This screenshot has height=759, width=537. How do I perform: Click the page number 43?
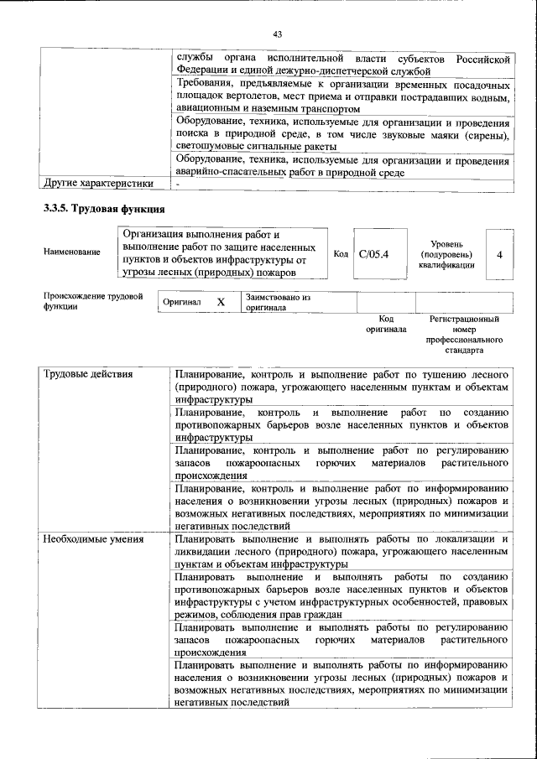pos(277,34)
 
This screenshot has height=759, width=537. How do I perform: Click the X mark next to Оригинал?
pos(221,302)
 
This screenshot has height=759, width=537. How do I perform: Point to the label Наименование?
pos(72,252)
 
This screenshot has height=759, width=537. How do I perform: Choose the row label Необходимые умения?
pos(93,538)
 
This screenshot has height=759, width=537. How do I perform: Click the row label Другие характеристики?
pos(98,184)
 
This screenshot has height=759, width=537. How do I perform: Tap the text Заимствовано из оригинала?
pos(279,302)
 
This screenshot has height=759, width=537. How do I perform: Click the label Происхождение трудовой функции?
pos(92,302)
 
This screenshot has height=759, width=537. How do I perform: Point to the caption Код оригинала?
pos(386,325)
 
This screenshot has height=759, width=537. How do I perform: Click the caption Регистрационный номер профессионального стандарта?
pos(464,335)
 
